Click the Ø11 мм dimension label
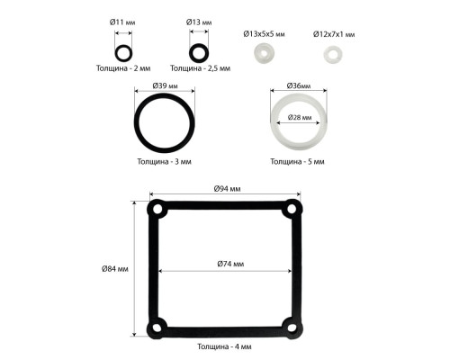(122, 22)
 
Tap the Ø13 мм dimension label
(199, 22)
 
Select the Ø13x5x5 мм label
(264, 34)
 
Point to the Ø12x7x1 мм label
(334, 34)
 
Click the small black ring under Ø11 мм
(115, 53)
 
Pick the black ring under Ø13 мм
(191, 53)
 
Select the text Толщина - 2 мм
(123, 68)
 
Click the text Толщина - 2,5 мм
(200, 68)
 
